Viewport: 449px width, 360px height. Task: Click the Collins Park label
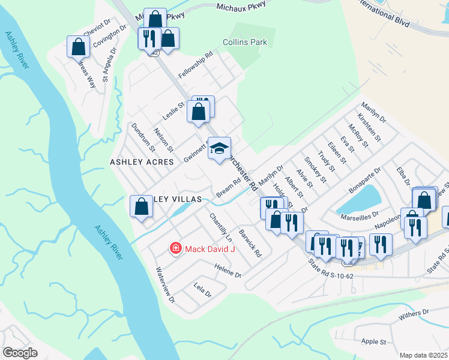pyautogui.click(x=244, y=43)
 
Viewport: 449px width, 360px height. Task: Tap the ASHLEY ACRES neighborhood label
pyautogui.click(x=142, y=162)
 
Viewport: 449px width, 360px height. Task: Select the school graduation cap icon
pyautogui.click(x=220, y=148)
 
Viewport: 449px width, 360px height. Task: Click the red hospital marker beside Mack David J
pyautogui.click(x=175, y=248)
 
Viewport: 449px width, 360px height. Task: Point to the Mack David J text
pyautogui.click(x=210, y=248)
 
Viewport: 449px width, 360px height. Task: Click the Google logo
pyautogui.click(x=19, y=353)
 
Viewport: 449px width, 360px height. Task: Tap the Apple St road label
pyautogui.click(x=374, y=342)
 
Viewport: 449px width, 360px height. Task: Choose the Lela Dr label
pyautogui.click(x=203, y=290)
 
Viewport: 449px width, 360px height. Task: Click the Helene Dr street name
pyautogui.click(x=227, y=271)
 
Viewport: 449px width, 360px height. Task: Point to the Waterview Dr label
pyautogui.click(x=165, y=285)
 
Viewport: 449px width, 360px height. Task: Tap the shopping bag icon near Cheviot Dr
pyautogui.click(x=78, y=46)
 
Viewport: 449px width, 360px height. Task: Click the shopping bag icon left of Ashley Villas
pyautogui.click(x=141, y=206)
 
